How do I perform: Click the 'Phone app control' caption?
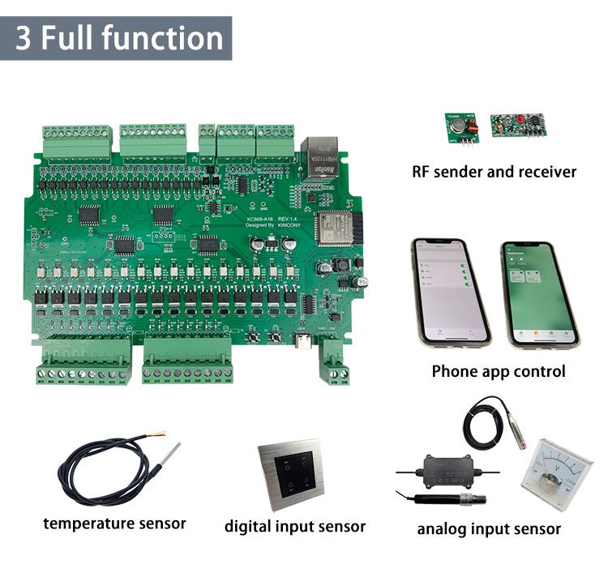pos(498,372)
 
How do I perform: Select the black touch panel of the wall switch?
pos(293,472)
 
